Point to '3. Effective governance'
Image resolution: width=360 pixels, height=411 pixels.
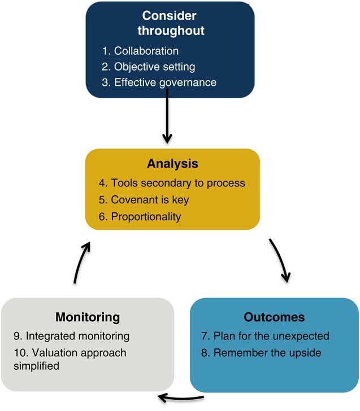pos(159,82)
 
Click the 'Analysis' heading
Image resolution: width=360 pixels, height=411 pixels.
pos(172,164)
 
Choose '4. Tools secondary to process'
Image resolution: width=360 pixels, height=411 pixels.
pos(171,183)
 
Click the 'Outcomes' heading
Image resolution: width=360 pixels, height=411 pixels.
pos(274,317)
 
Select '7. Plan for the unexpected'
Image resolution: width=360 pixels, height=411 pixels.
pos(265,336)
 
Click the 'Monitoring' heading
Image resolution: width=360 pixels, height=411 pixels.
pos(87,317)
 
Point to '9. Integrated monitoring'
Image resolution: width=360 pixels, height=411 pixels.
pos(71,336)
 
